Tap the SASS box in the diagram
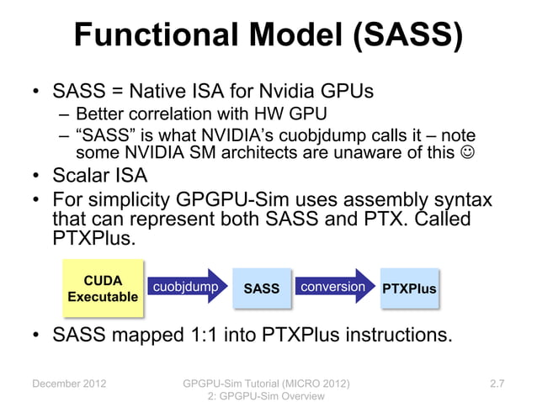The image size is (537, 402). pos(261,288)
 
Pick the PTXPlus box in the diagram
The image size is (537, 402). pos(409,288)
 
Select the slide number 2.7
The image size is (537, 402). pos(497,384)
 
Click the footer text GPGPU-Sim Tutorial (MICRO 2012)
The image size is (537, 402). pos(266,384)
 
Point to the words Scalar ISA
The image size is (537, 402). pos(100,177)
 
